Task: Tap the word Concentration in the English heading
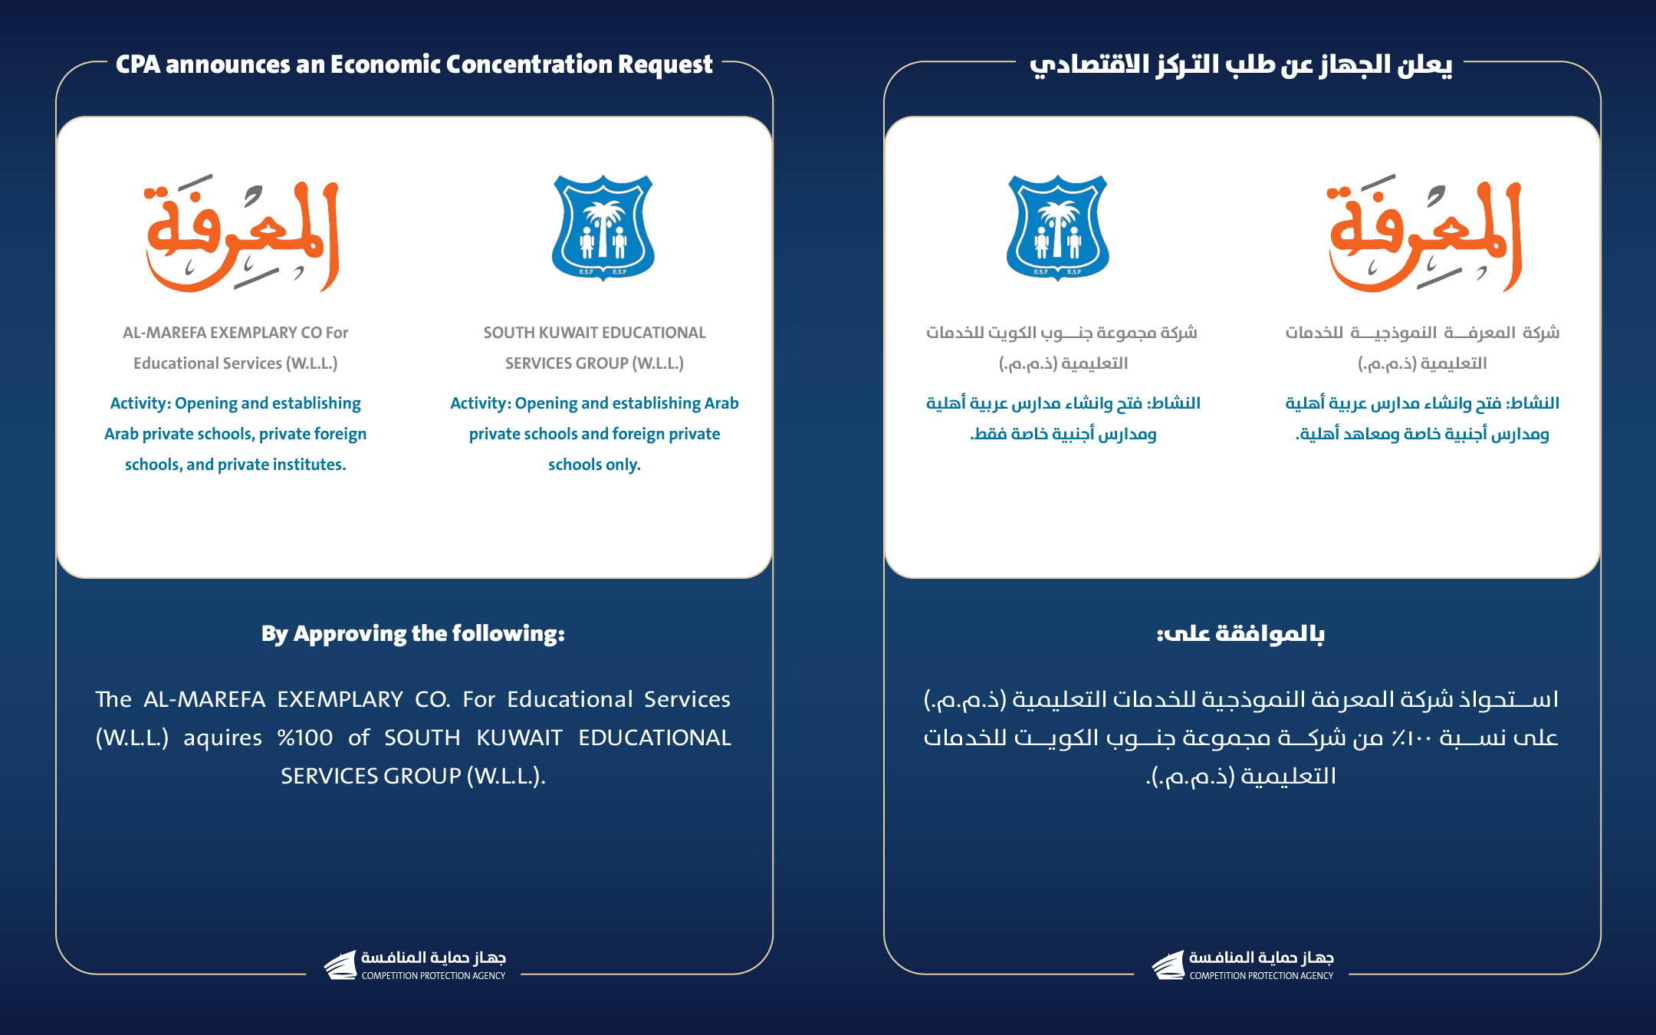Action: click(530, 64)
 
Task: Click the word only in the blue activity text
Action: click(623, 465)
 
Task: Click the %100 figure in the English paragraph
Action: click(305, 738)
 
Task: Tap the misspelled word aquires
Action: click(222, 738)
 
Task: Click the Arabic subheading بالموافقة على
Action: click(1240, 634)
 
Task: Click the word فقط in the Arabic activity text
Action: click(988, 434)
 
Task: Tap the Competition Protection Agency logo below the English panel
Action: click(415, 965)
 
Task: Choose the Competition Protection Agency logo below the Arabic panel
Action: click(1243, 965)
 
